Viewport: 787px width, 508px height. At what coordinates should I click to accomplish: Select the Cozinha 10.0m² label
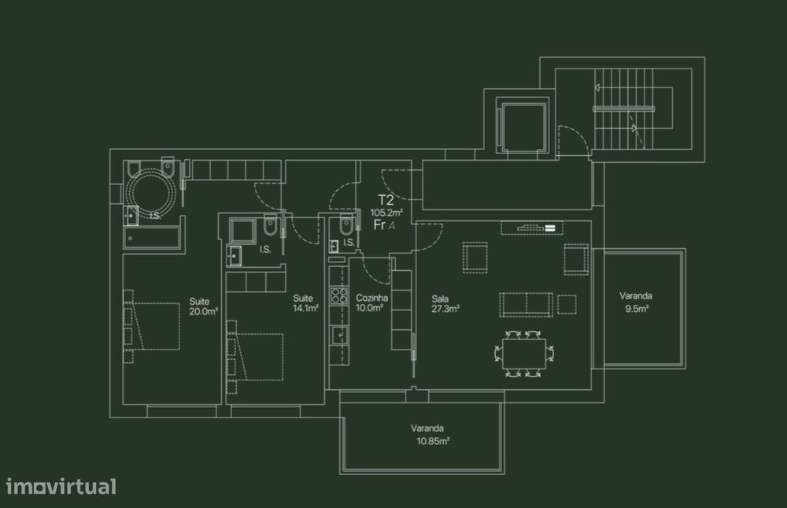coord(370,303)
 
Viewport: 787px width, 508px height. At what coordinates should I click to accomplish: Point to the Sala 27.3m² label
coord(445,304)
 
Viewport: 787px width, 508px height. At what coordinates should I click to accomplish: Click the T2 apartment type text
coord(386,200)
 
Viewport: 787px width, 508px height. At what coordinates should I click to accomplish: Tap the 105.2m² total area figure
coord(386,213)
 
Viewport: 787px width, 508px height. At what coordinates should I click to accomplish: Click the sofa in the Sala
coord(526,302)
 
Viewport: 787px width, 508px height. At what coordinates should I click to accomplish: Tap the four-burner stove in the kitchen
coord(339,296)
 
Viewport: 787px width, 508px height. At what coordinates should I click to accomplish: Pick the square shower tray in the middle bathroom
coord(242,230)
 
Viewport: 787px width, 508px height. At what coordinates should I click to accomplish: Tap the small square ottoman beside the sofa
coord(567,303)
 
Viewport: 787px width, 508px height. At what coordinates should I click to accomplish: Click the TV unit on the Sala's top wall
coord(533,228)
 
